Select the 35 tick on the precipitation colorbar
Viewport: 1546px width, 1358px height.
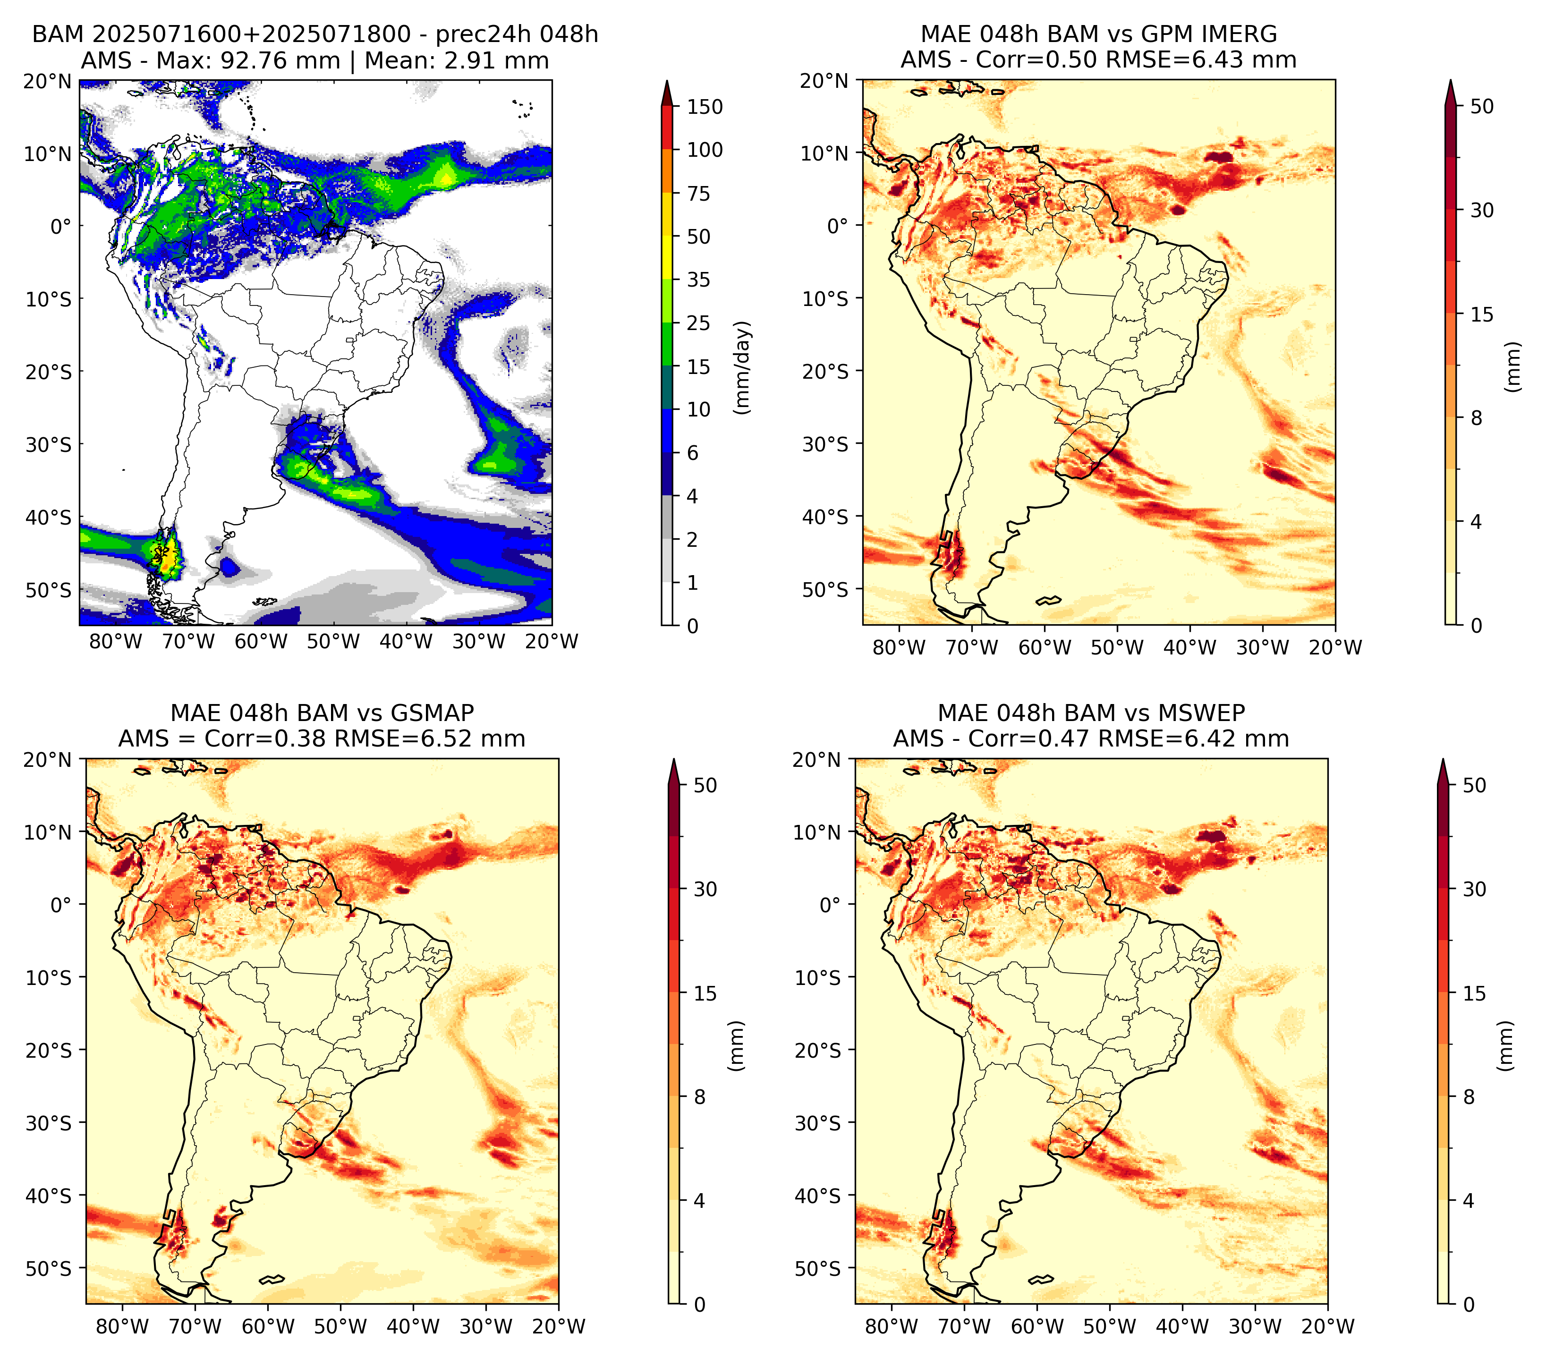tap(699, 280)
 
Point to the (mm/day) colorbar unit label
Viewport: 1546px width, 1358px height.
tap(744, 367)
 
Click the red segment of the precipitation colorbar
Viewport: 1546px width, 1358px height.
tap(667, 128)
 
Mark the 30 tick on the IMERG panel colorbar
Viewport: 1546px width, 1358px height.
tap(1482, 210)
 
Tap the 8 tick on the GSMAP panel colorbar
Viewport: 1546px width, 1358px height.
tap(700, 1097)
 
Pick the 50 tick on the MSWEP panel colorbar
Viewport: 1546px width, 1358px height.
tap(1474, 786)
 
